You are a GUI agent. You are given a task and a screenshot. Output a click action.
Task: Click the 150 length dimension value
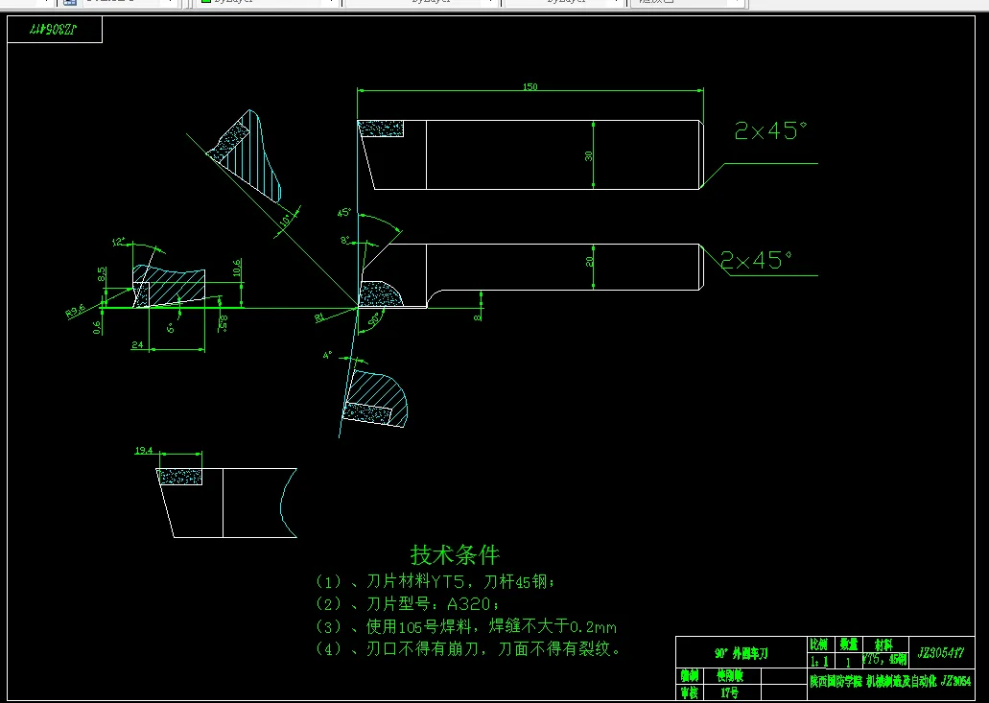pyautogui.click(x=530, y=87)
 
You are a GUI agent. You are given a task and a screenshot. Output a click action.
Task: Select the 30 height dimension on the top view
pyautogui.click(x=589, y=155)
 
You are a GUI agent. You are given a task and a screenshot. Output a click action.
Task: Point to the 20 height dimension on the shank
pyautogui.click(x=590, y=260)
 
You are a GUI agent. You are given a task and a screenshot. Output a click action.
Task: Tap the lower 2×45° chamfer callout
pyautogui.click(x=756, y=260)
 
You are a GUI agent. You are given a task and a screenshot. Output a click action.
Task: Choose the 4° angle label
pyautogui.click(x=327, y=355)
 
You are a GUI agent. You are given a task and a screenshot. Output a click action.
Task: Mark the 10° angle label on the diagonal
pyautogui.click(x=285, y=222)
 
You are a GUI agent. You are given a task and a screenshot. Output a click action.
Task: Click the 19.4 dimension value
pyautogui.click(x=144, y=450)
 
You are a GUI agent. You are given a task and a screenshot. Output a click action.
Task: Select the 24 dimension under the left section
pyautogui.click(x=137, y=343)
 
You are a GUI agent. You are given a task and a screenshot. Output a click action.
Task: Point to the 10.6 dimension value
pyautogui.click(x=238, y=269)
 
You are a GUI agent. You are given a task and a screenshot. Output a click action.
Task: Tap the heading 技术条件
pyautogui.click(x=455, y=554)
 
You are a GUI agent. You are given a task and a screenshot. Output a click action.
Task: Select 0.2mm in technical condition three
pyautogui.click(x=593, y=626)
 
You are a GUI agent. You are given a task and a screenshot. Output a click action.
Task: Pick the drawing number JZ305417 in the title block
pyautogui.click(x=940, y=652)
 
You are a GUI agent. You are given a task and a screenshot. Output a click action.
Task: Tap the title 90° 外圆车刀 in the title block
pyautogui.click(x=742, y=653)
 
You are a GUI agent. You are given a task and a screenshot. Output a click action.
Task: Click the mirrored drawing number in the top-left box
pyautogui.click(x=54, y=30)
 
